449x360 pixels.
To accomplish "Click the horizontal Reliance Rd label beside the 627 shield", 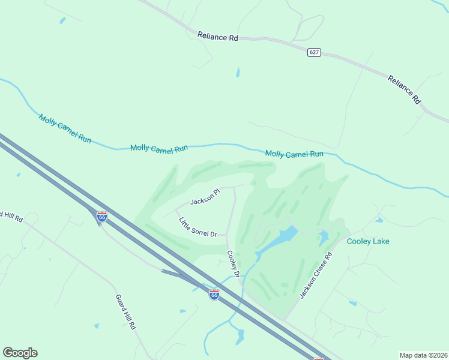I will tap(218, 37).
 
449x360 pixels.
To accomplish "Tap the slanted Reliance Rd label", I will tap(404, 89).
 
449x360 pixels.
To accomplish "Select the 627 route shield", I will tap(314, 52).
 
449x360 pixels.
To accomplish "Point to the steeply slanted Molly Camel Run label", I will tap(65, 128).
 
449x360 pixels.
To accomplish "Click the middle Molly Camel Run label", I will tap(159, 148).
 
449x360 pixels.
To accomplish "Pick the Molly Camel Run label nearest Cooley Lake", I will tap(294, 154).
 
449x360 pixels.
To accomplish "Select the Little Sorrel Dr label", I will tap(197, 227).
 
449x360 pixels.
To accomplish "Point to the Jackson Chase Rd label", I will tap(316, 275).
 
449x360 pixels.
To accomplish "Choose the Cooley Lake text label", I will tap(368, 241).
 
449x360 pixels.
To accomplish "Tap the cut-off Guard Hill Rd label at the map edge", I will tap(11, 216).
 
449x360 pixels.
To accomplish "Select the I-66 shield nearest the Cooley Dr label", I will tap(214, 294).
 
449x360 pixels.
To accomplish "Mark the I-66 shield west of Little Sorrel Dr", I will tap(103, 217).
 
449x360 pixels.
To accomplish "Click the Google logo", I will tap(20, 352).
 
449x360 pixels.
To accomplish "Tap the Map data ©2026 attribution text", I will tap(423, 355).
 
